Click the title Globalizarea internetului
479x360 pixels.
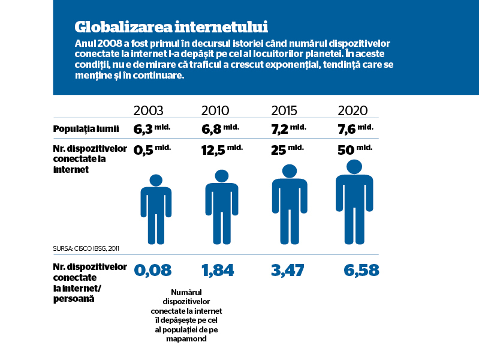click(171, 27)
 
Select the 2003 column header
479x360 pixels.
click(149, 110)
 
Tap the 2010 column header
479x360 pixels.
click(215, 110)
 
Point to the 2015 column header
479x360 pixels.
click(284, 110)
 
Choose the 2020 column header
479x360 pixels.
click(353, 110)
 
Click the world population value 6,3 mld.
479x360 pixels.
click(152, 129)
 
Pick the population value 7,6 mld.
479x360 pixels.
click(356, 129)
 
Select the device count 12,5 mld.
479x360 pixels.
click(222, 149)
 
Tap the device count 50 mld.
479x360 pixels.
click(355, 149)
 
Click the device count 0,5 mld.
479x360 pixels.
click(152, 149)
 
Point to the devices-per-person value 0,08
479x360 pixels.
click(153, 271)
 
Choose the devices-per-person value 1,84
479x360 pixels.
click(218, 271)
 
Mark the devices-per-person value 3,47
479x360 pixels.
click(288, 271)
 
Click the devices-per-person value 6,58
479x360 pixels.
click(361, 271)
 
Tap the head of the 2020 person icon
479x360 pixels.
click(354, 167)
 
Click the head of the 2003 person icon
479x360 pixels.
click(156, 181)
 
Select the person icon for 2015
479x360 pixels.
click(290, 205)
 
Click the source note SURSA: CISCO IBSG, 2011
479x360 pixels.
click(86, 248)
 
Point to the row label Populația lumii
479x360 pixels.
click(86, 129)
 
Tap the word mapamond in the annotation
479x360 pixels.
click(186, 339)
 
